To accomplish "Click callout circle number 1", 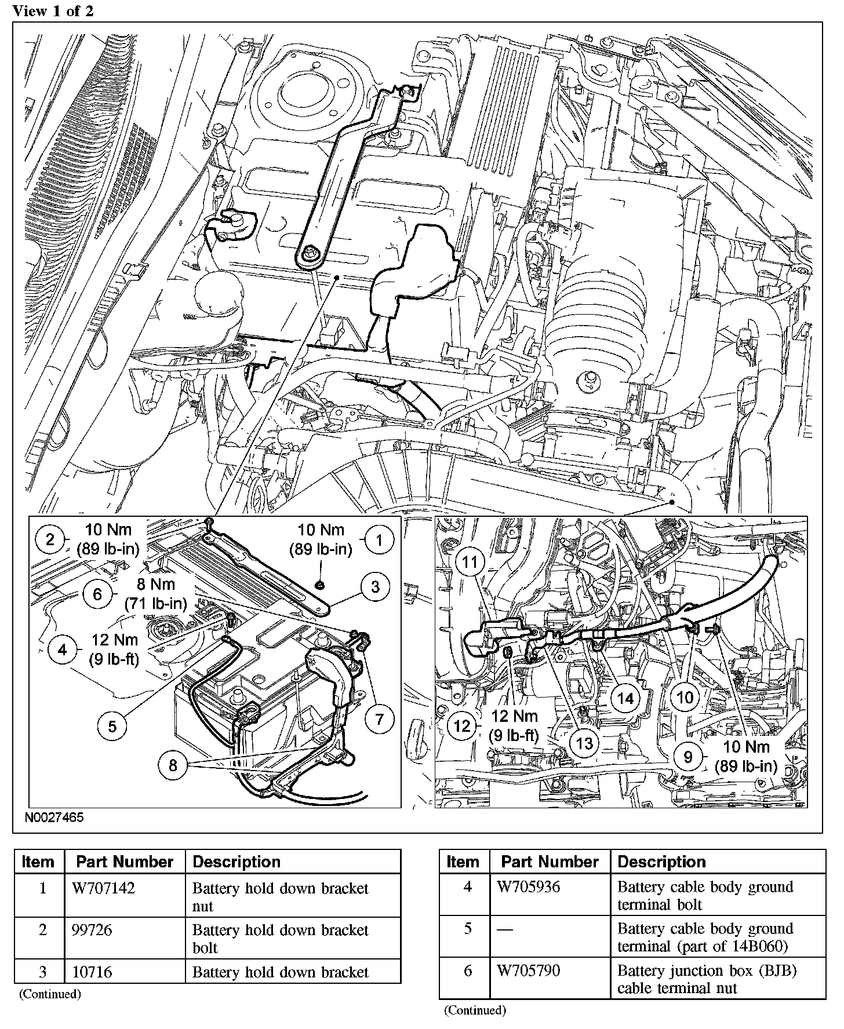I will point(380,541).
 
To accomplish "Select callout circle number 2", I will point(49,541).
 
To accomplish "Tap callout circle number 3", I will point(375,587).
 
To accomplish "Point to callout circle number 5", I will point(112,727).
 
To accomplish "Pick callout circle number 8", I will point(173,765).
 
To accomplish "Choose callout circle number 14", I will point(625,699).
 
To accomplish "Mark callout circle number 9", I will point(688,757).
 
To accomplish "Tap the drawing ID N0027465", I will point(54,818).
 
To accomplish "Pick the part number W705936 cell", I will point(528,886).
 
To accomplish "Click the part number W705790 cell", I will point(528,970).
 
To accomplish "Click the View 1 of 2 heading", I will point(53,10).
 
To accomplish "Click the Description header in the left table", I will point(237,862).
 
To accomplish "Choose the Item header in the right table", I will point(463,862).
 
